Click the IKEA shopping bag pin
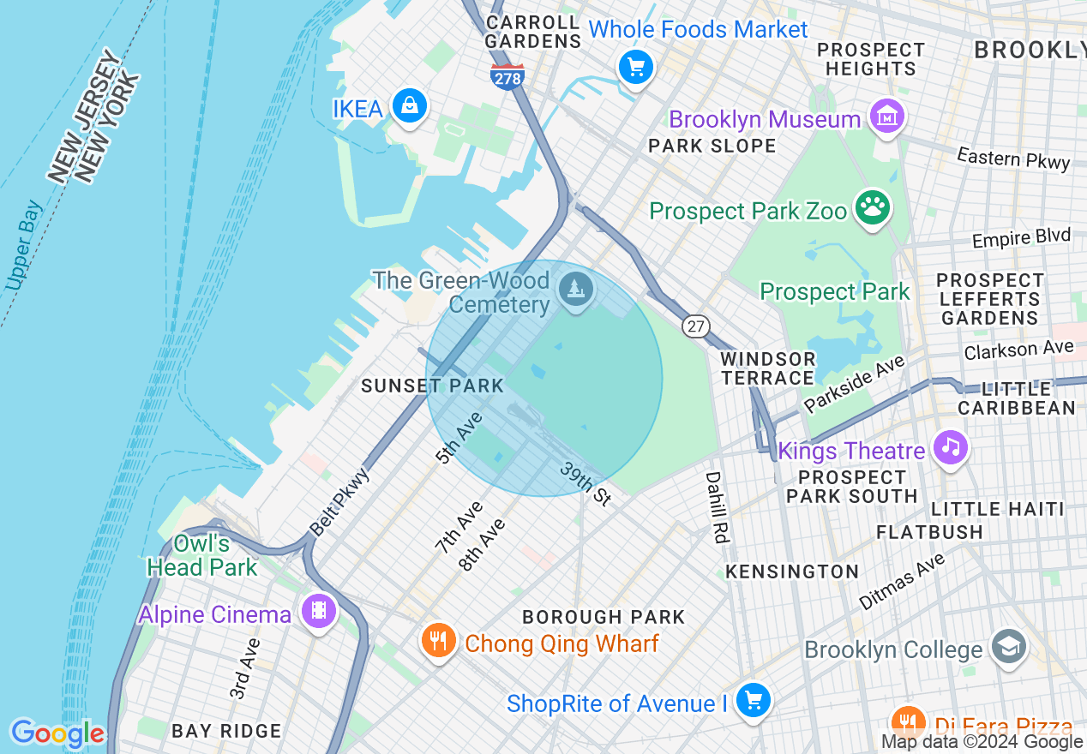point(410,106)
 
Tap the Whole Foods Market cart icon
point(636,67)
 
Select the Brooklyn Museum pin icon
point(886,117)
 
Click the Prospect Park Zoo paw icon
point(873,208)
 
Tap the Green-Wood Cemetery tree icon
point(576,290)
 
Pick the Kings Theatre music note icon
point(950,446)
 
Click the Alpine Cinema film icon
point(319,611)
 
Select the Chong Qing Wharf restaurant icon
point(438,640)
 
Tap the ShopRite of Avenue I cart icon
point(753,701)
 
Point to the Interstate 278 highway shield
point(507,76)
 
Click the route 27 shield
point(696,326)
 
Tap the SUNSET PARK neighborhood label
point(432,386)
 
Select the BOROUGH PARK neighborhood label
point(604,617)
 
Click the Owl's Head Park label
point(201,555)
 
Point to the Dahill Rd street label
point(715,506)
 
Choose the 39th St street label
point(586,483)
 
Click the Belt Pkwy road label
point(339,501)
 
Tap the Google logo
point(57,733)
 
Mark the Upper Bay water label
point(23,245)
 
